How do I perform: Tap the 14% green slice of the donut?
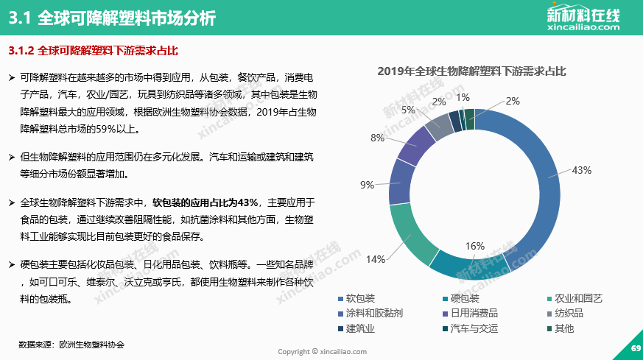click(x=409, y=234)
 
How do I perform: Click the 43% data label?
click(x=582, y=170)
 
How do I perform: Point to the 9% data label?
click(x=367, y=185)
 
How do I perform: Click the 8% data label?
click(x=377, y=138)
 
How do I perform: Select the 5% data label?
click(x=407, y=110)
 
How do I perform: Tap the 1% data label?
click(x=463, y=97)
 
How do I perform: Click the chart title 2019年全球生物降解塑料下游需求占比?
click(x=471, y=71)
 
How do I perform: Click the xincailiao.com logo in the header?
click(x=584, y=18)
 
